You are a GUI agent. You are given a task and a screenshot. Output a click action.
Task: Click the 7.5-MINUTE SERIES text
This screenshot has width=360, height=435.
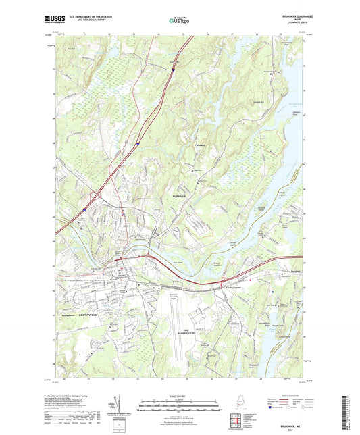pos(290,25)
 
